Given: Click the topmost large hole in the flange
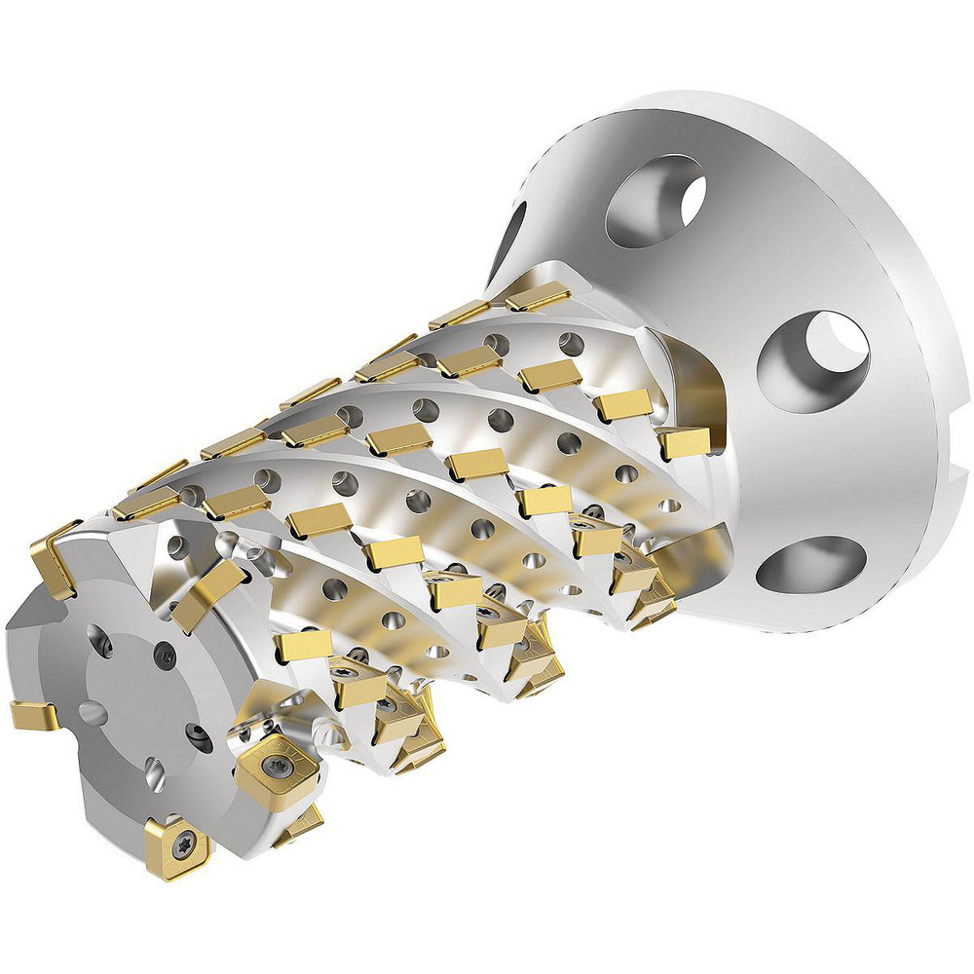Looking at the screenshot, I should (x=655, y=201).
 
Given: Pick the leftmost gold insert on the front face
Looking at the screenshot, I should (x=34, y=716).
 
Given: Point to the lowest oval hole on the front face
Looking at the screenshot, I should (x=154, y=776).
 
